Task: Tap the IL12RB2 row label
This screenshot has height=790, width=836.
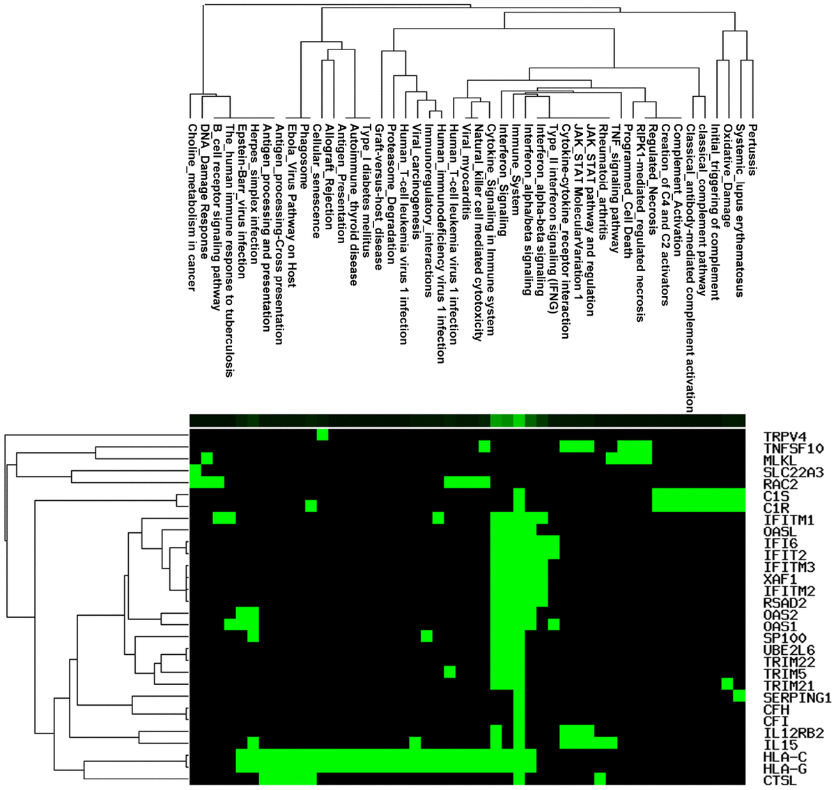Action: pos(794,733)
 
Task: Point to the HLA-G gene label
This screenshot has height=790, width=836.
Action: pos(782,768)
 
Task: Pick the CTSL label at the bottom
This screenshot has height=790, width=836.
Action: pos(778,780)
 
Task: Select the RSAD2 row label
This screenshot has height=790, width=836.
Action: pos(782,603)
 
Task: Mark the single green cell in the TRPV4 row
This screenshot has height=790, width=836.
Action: pos(323,435)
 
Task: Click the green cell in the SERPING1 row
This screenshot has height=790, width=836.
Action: pos(739,695)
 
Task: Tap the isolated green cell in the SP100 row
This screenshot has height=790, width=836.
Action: pos(426,636)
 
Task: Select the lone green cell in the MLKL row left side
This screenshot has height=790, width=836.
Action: pos(206,458)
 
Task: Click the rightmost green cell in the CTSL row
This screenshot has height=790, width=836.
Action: pos(600,778)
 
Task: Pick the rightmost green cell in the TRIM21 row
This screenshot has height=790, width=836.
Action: pos(727,683)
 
